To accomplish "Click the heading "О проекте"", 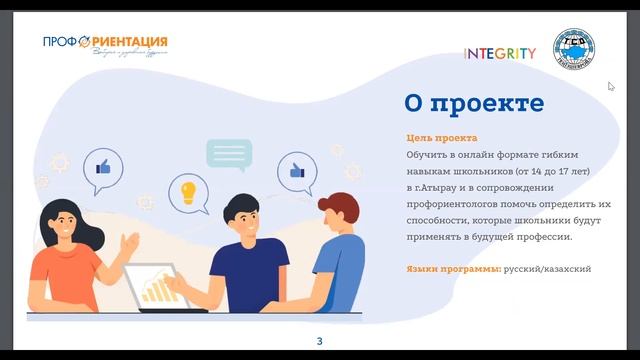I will click(473, 103).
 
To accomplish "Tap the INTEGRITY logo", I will click(500, 54).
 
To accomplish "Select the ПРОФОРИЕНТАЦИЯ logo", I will click(105, 43).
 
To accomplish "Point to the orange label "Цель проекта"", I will click(441, 138).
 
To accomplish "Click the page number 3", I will click(319, 342).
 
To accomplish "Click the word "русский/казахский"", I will click(547, 270).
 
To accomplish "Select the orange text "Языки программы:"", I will click(454, 270).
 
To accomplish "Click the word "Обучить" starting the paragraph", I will click(425, 155).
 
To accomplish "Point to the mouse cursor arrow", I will click(611, 86).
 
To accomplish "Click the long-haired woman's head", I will click(73, 217).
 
